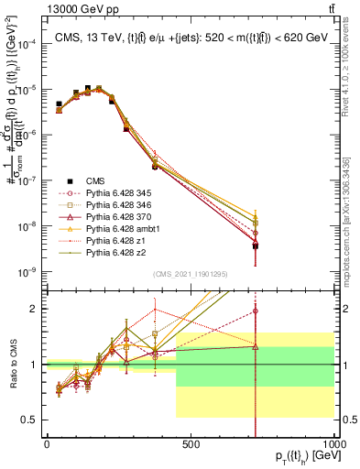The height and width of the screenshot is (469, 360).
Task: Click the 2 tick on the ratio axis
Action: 33,309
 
